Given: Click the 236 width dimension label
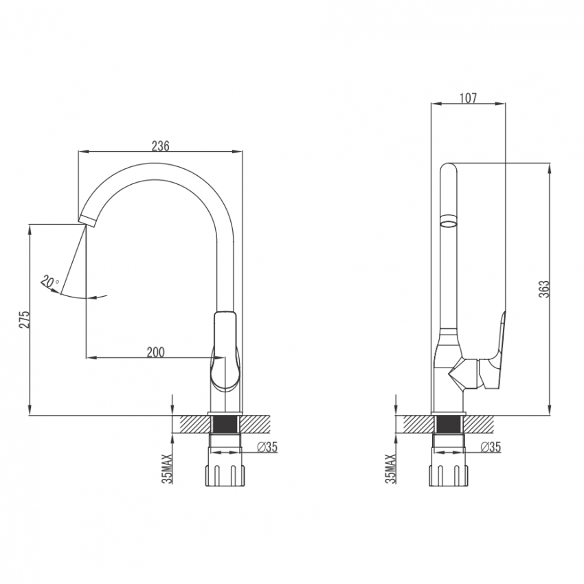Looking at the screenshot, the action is (161, 146).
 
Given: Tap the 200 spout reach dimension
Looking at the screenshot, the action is (155, 352).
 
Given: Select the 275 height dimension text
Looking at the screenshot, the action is (24, 319).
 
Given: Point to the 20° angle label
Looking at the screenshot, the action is (49, 282).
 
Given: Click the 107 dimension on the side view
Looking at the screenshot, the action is (468, 98).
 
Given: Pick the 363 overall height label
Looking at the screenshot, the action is (544, 289).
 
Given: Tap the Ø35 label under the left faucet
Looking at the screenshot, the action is (267, 447).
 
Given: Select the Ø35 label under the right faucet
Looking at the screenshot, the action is (491, 447).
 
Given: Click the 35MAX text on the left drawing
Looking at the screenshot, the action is (168, 469).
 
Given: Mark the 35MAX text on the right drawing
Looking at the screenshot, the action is (391, 469).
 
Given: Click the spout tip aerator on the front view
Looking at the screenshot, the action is (87, 220).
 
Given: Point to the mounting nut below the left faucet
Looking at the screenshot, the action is (225, 475).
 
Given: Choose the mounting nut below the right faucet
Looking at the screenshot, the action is (449, 475).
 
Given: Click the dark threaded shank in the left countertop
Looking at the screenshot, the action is (225, 424).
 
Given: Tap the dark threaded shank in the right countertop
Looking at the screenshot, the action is (449, 424).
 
